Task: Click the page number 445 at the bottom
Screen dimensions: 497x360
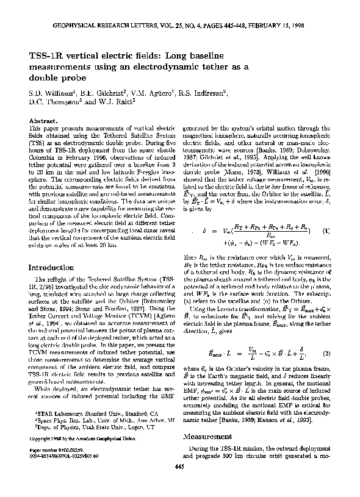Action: (x=179, y=484)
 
